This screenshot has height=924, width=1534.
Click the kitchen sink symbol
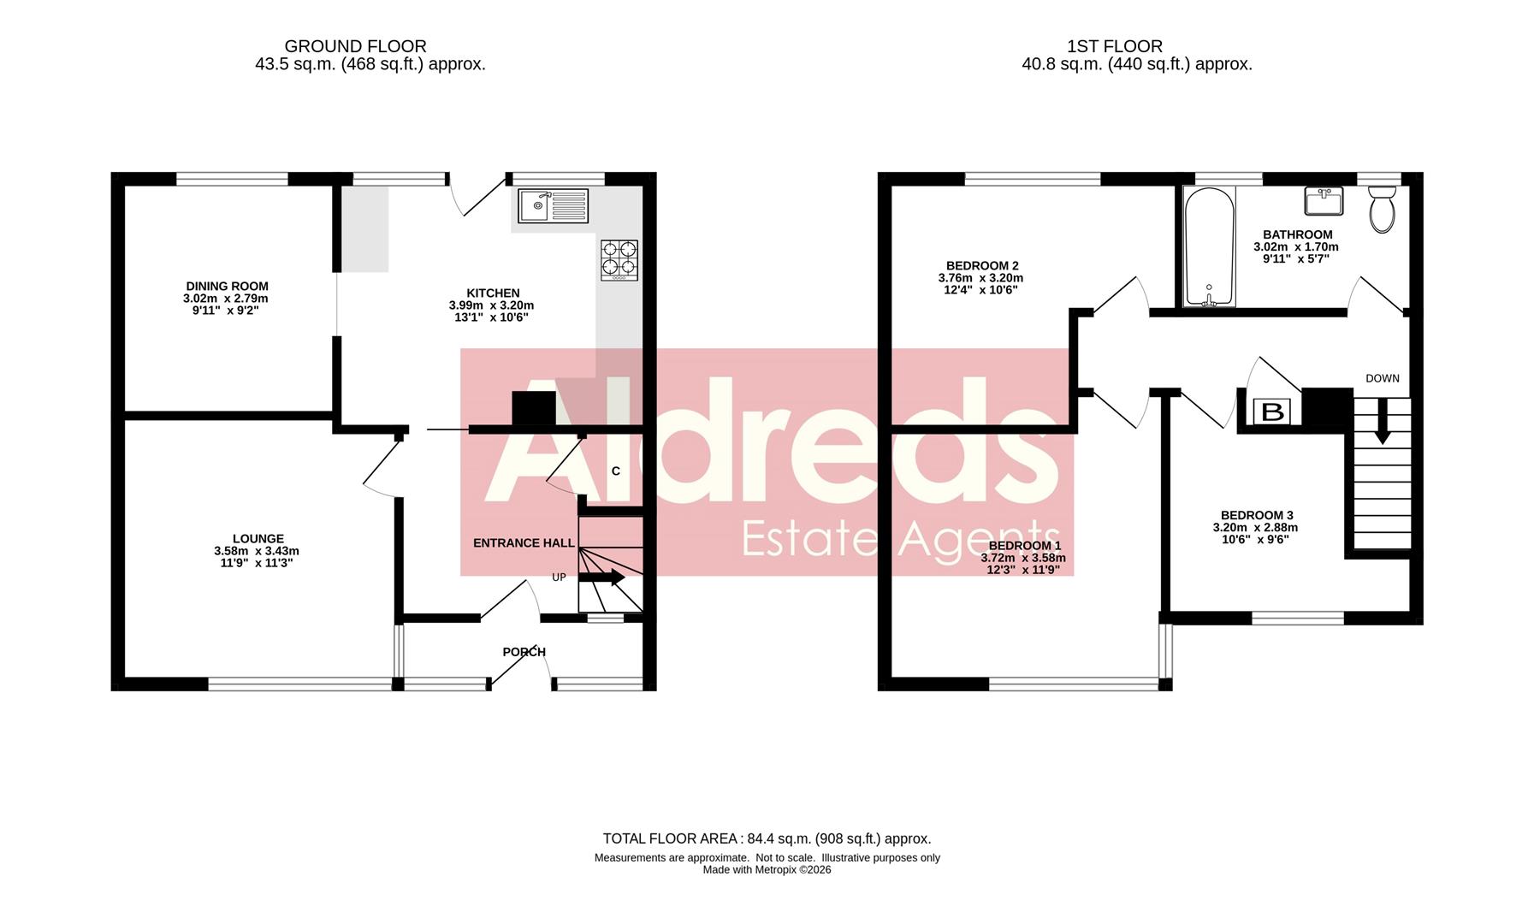(553, 205)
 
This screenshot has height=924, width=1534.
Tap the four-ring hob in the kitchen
(619, 260)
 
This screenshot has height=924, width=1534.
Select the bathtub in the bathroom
(1208, 247)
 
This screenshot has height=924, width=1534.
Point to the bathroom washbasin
(1324, 202)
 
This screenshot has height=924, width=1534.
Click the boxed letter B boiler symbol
(1272, 412)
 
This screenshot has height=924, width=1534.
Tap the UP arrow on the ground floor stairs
(602, 577)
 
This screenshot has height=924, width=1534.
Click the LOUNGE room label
(258, 539)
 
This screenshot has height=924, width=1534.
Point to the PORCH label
(524, 652)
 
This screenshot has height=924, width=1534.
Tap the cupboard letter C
(615, 471)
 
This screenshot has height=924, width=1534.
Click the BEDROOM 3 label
(1256, 515)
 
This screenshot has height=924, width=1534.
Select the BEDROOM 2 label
(981, 266)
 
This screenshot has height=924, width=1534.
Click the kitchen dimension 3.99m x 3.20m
(491, 305)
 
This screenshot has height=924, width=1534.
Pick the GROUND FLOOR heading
(355, 46)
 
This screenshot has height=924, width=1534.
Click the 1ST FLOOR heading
(1114, 46)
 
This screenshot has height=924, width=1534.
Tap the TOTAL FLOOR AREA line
(767, 838)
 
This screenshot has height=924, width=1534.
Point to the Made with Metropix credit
(767, 870)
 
